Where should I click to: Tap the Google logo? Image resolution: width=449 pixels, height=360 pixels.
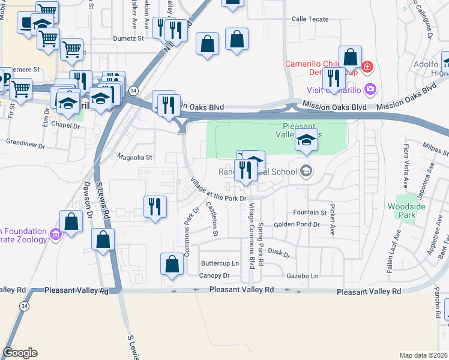click(x=20, y=353)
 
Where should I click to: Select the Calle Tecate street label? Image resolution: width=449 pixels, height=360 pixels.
click(x=310, y=19)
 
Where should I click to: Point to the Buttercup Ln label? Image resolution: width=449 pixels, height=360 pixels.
click(x=220, y=263)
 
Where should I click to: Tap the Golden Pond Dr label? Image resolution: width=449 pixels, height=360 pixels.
click(x=297, y=224)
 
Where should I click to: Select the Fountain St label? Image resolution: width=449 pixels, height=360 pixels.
click(x=310, y=212)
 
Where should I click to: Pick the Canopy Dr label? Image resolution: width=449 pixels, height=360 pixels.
click(x=215, y=275)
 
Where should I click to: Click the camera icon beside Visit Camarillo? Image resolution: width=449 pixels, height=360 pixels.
click(x=370, y=90)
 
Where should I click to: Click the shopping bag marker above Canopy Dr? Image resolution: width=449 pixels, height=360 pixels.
click(x=172, y=264)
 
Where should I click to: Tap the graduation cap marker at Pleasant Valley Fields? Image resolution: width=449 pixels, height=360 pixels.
click(x=306, y=140)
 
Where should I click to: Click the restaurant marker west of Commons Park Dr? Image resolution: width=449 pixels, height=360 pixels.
click(x=155, y=207)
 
